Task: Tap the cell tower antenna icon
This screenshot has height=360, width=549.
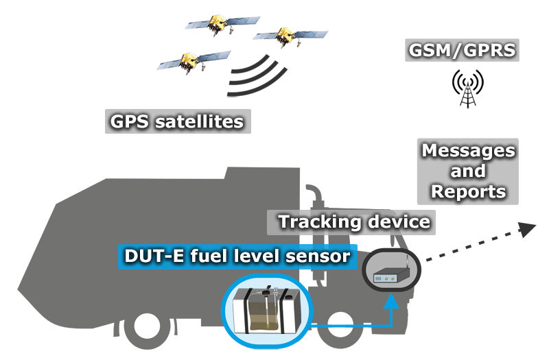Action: click(467, 88)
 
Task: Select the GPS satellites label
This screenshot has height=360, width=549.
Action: click(177, 122)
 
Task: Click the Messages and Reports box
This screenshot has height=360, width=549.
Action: click(467, 171)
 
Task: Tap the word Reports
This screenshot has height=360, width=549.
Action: click(467, 191)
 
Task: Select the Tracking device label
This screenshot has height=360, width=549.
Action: click(353, 221)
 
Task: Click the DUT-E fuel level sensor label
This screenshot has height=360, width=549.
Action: click(237, 256)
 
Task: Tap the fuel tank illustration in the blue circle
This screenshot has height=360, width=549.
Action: click(266, 312)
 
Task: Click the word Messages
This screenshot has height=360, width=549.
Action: click(467, 150)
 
